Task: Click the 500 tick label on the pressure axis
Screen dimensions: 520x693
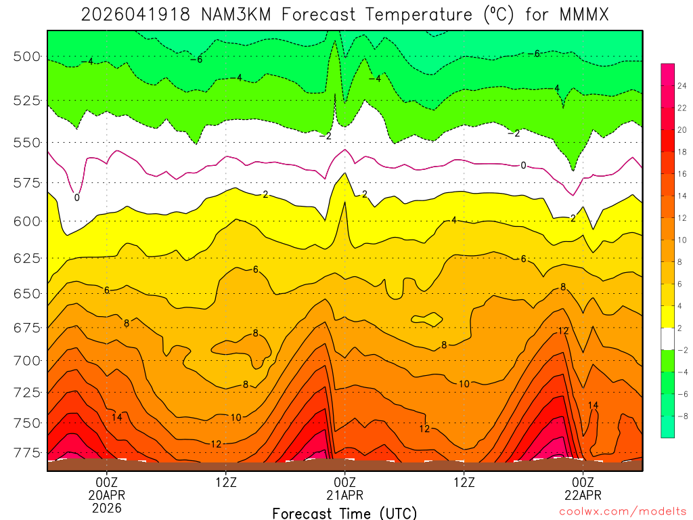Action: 27,56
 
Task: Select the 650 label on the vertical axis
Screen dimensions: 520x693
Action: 27,294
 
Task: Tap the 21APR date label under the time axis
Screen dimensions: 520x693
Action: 344,494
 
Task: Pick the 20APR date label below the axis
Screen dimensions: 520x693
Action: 107,494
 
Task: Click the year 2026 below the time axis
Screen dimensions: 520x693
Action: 107,507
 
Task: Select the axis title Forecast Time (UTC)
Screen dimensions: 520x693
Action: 344,513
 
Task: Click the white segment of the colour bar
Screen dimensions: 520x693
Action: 667,339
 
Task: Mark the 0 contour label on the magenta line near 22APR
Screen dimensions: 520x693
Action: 523,165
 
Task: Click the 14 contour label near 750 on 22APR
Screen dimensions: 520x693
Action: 593,406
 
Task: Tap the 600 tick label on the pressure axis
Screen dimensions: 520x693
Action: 27,221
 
